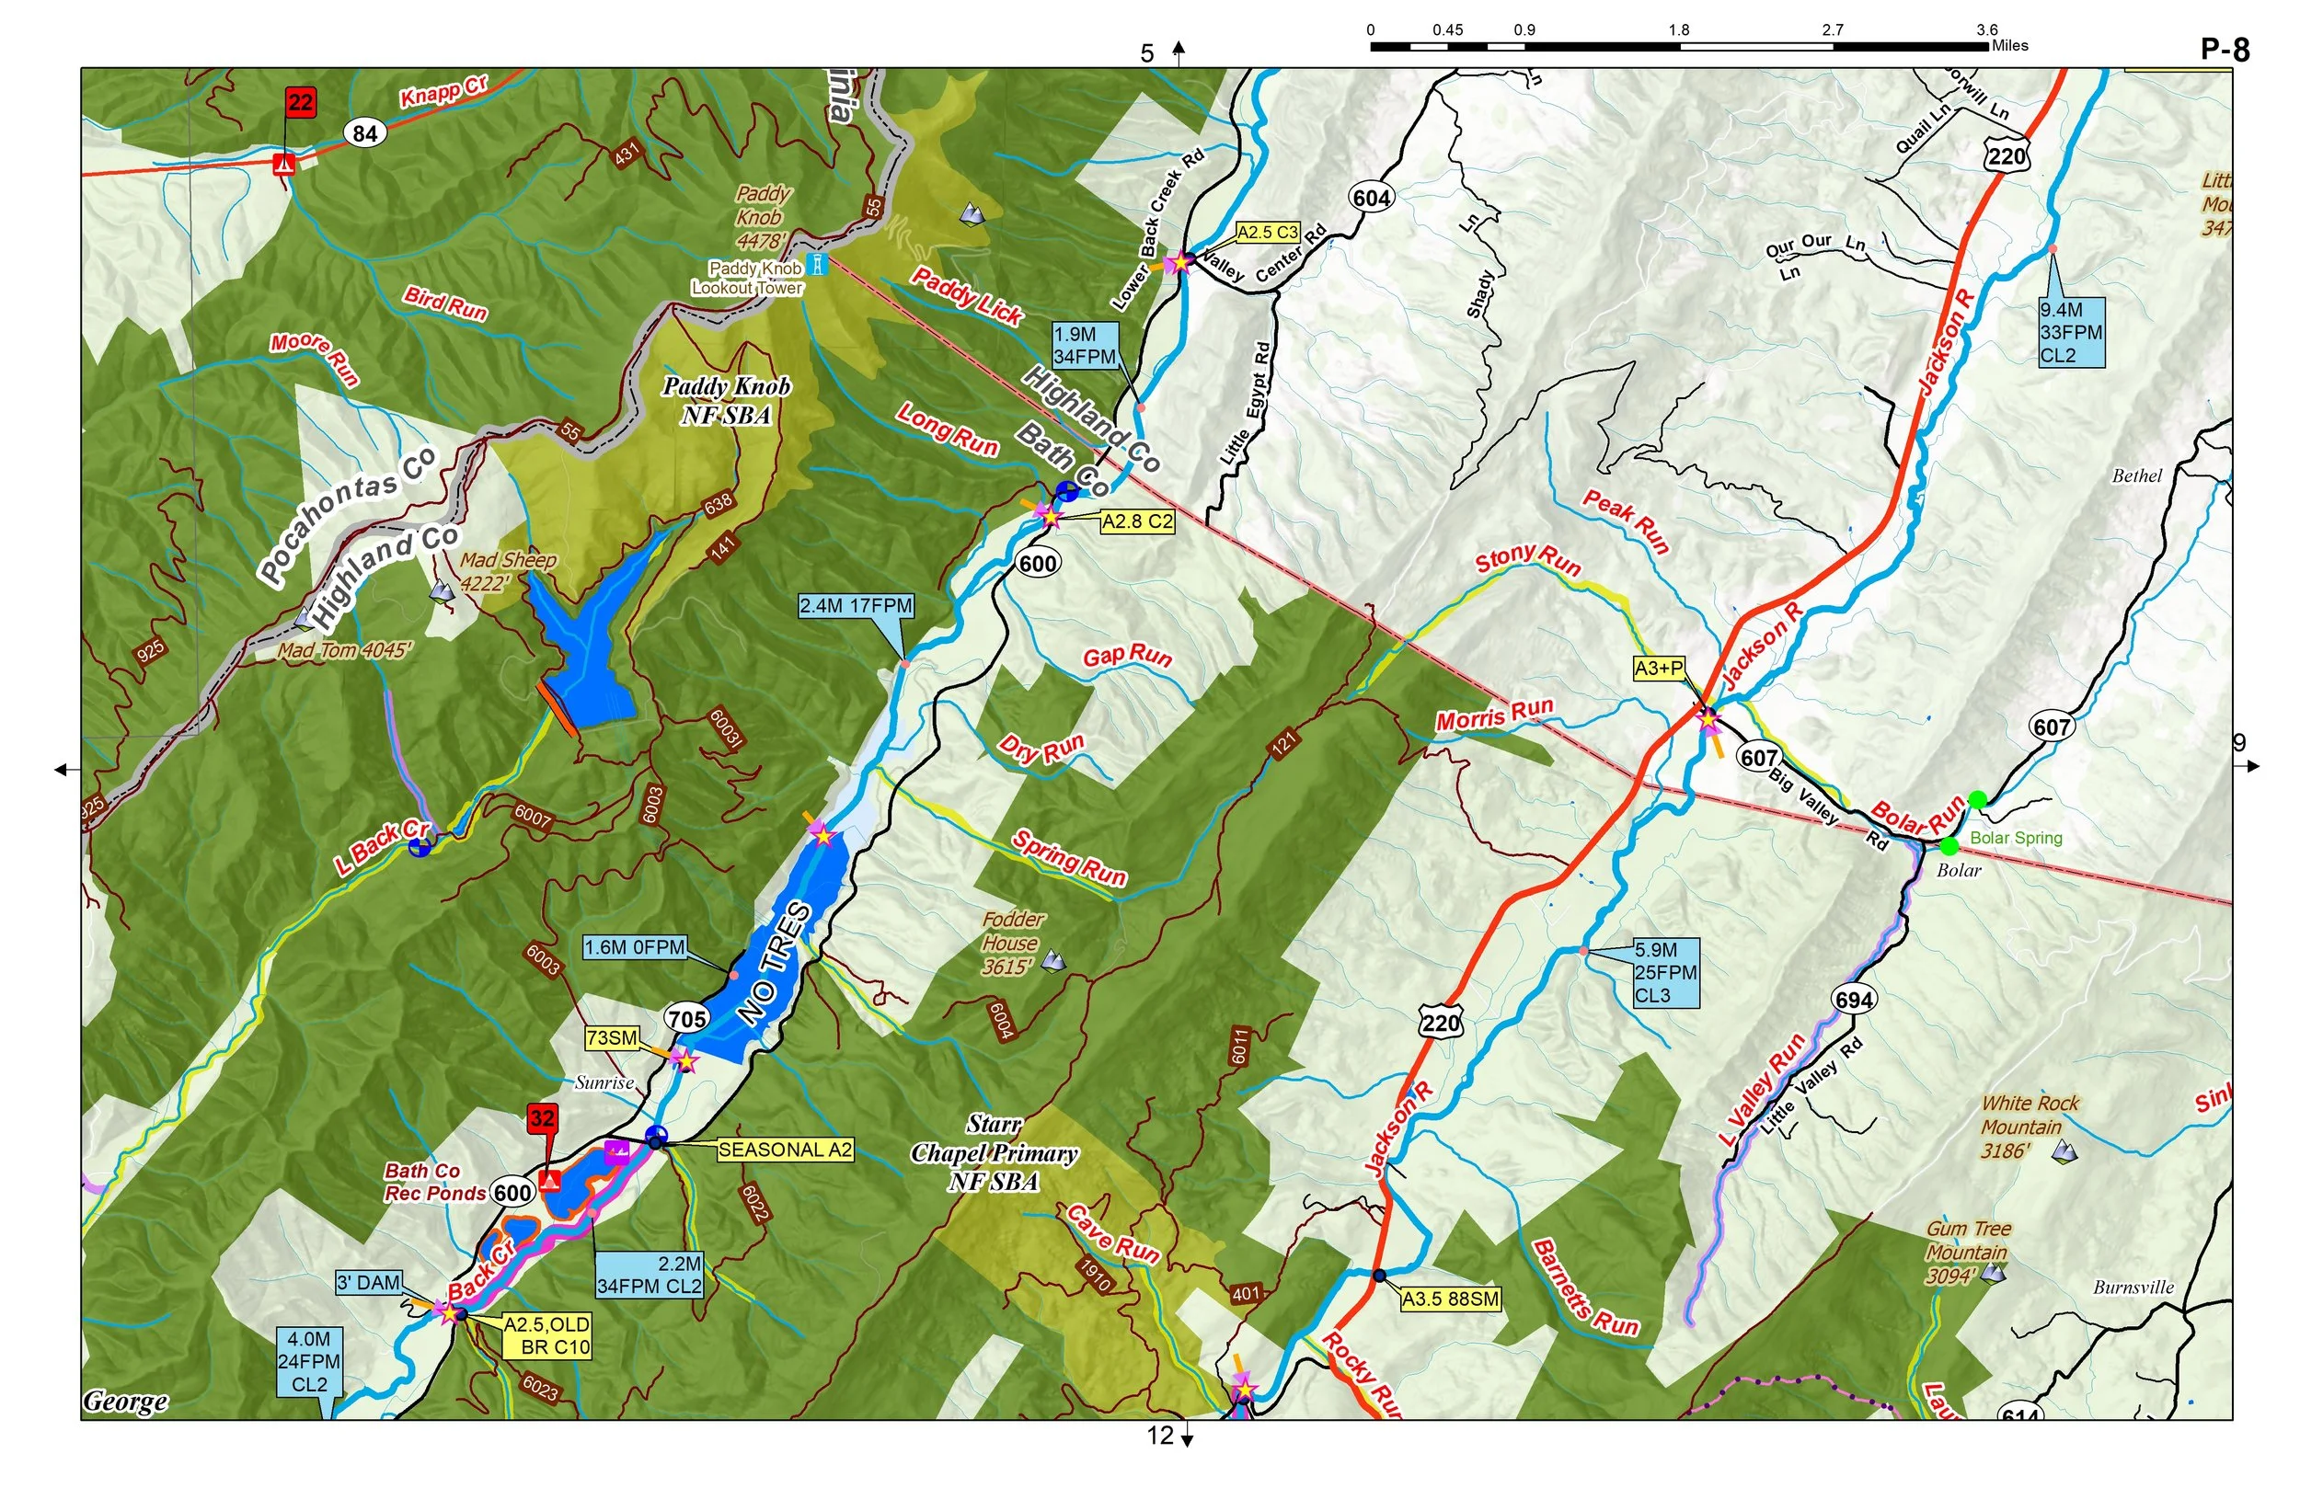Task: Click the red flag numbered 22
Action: tap(301, 102)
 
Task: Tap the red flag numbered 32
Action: tap(541, 1119)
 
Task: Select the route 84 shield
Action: tap(364, 133)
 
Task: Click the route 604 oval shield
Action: tap(1372, 198)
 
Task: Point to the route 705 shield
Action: tap(687, 1018)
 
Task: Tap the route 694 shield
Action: tap(1854, 1001)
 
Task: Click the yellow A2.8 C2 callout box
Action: tap(1137, 521)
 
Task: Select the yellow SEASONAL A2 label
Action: tap(784, 1150)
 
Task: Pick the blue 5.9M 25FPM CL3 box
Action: tap(1664, 973)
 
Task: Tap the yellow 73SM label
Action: tap(612, 1037)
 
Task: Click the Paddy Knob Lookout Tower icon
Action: tap(819, 264)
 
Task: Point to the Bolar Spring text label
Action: tap(2016, 838)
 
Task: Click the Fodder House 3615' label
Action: tap(1012, 943)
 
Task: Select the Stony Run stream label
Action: tap(1527, 559)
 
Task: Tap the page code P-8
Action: tap(2225, 50)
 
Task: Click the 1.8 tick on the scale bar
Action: tap(1679, 31)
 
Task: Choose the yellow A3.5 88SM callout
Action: tap(1450, 1299)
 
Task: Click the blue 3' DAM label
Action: tap(368, 1282)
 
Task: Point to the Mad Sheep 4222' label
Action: tap(506, 571)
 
